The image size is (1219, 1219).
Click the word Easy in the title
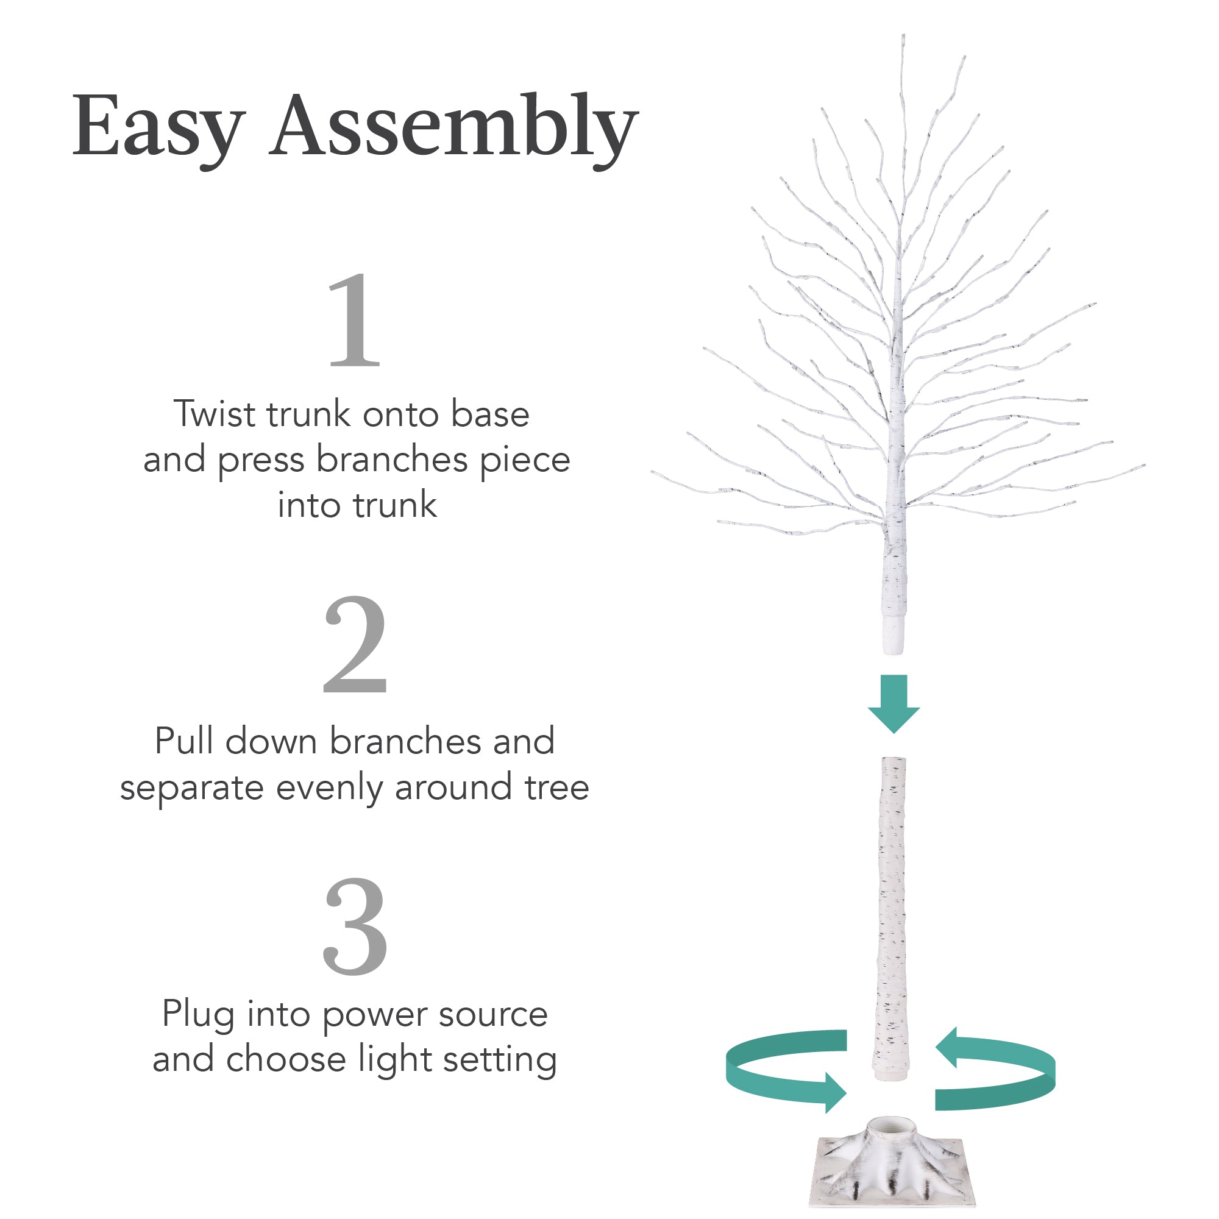pyautogui.click(x=158, y=126)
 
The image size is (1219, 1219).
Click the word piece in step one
pyautogui.click(x=524, y=461)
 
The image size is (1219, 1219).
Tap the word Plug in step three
pyautogui.click(x=198, y=1015)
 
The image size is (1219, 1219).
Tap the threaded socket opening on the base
pyautogui.click(x=892, y=1126)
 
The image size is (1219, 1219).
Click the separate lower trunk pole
pyautogui.click(x=892, y=915)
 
